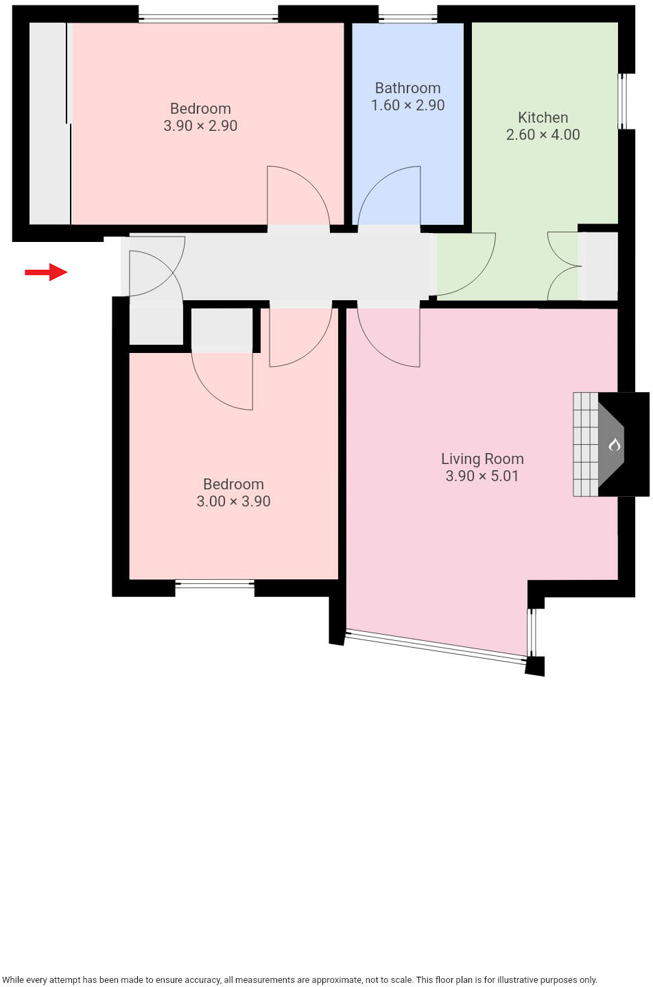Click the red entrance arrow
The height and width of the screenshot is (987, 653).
click(x=46, y=272)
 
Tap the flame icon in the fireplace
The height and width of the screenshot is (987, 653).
click(x=614, y=445)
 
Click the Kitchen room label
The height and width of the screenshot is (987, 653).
click(x=543, y=117)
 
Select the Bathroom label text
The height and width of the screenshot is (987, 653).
click(x=407, y=88)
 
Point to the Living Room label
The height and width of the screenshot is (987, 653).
click(x=482, y=459)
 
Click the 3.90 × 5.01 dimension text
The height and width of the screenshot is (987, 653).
click(x=482, y=476)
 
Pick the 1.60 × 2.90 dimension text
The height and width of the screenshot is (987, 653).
click(x=407, y=105)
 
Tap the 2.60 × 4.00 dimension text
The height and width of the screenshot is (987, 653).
click(x=543, y=134)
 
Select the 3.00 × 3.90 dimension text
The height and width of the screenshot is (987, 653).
click(x=233, y=501)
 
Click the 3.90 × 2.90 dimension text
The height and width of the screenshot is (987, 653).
click(x=200, y=125)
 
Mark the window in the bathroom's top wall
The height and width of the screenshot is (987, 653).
click(x=407, y=18)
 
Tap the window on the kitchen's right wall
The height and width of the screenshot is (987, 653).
click(x=623, y=101)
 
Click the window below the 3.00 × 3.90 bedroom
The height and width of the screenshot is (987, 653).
click(x=215, y=585)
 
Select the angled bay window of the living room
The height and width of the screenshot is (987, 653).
click(x=436, y=646)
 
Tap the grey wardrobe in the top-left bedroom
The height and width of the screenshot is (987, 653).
click(x=49, y=123)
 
